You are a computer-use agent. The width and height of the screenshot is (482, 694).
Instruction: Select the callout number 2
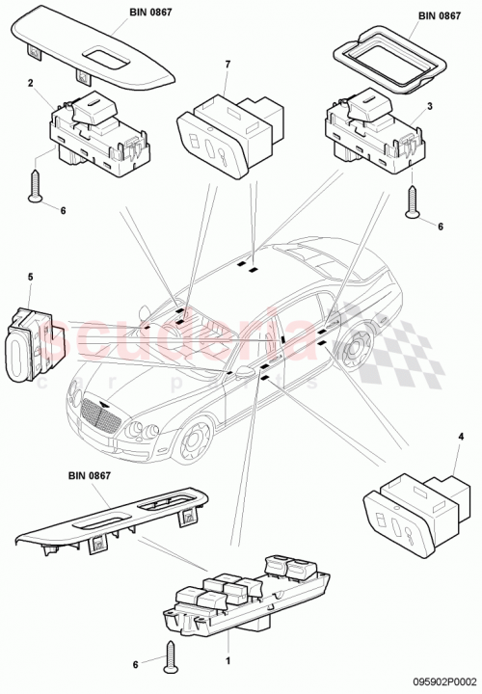click(x=32, y=84)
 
